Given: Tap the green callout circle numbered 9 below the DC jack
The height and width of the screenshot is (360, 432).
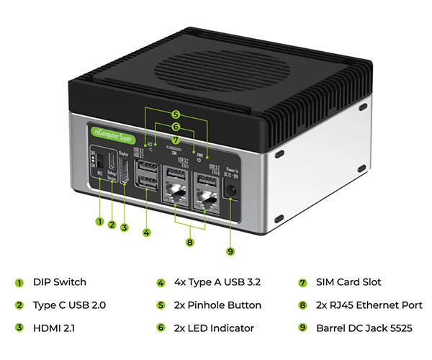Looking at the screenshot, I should click(x=230, y=251).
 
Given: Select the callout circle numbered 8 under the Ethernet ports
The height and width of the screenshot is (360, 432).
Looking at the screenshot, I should click(x=190, y=243).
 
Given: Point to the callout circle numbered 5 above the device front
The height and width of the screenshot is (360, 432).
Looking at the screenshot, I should click(x=176, y=114).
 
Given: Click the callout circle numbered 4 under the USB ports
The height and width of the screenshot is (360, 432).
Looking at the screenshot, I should click(x=147, y=233).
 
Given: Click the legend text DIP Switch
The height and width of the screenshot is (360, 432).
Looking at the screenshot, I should click(x=60, y=282).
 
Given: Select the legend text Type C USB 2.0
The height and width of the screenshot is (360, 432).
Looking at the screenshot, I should click(x=70, y=305).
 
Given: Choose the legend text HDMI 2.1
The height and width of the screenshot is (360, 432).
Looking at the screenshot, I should click(x=53, y=328).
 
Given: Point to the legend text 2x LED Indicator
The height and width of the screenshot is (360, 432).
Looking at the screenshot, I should click(x=215, y=328).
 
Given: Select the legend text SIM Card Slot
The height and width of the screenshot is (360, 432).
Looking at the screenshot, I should click(x=349, y=282).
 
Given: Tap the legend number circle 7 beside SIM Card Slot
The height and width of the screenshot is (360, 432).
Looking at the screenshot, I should click(x=303, y=282).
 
